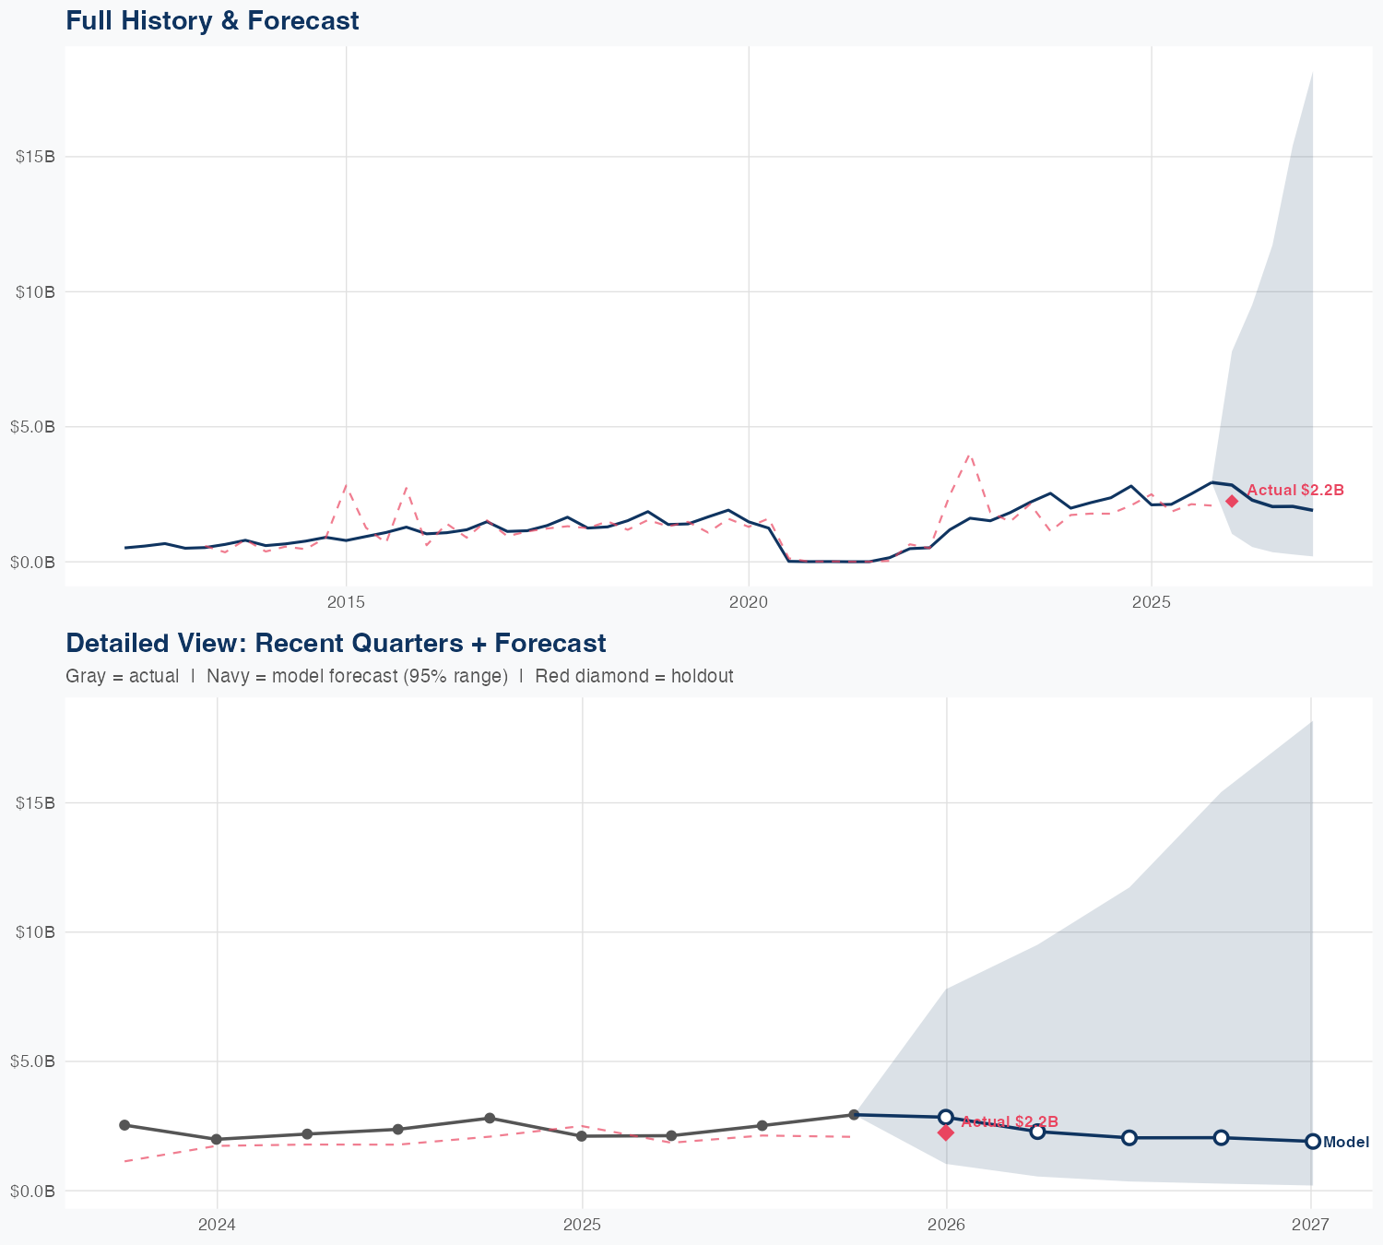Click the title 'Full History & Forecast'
212,20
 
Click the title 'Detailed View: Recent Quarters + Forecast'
336,643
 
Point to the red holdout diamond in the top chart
1232,501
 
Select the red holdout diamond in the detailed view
946,1132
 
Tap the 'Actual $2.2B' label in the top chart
1295,490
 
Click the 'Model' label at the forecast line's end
1346,1143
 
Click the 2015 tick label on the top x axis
347,602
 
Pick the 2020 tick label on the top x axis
749,602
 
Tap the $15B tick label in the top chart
36,157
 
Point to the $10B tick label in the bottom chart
36,932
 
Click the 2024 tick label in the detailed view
218,1225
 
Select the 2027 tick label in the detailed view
1310,1225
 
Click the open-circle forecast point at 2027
1313,1142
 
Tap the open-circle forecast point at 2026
946,1117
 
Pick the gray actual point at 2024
217,1140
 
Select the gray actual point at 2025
582,1136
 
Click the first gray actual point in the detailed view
124,1125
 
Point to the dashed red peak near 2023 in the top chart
969,455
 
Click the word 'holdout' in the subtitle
702,676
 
